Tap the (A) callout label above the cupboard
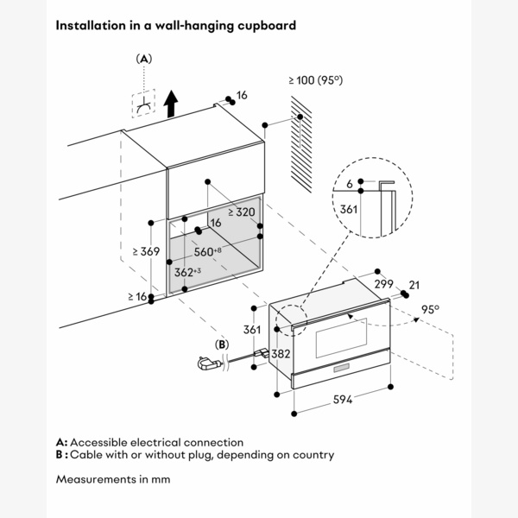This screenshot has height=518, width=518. click(144, 59)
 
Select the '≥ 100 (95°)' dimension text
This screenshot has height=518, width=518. click(315, 79)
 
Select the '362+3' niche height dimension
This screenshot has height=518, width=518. click(187, 272)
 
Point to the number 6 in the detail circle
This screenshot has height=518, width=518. click(350, 185)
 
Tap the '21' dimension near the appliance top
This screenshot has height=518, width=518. click(414, 285)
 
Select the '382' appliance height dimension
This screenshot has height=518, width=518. click(280, 354)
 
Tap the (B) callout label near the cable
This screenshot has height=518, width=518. click(223, 344)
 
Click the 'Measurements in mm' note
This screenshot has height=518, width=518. click(113, 477)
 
